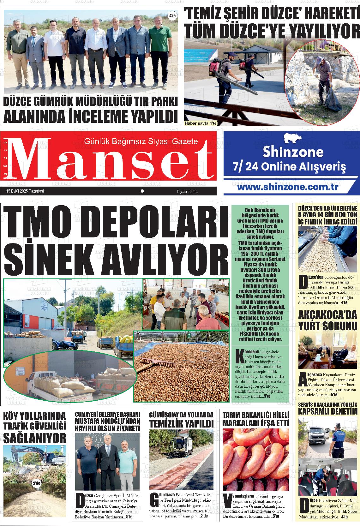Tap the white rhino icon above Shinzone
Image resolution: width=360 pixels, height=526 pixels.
[x=292, y=138]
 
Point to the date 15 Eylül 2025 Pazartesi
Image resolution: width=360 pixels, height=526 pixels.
[x=25, y=191]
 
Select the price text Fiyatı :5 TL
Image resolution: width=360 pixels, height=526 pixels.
[x=187, y=191]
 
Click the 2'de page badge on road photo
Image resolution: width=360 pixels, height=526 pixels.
[x=37, y=483]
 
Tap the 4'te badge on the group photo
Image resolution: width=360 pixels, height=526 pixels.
[x=172, y=15]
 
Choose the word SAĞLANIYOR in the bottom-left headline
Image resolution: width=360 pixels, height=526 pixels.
[x=35, y=438]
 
